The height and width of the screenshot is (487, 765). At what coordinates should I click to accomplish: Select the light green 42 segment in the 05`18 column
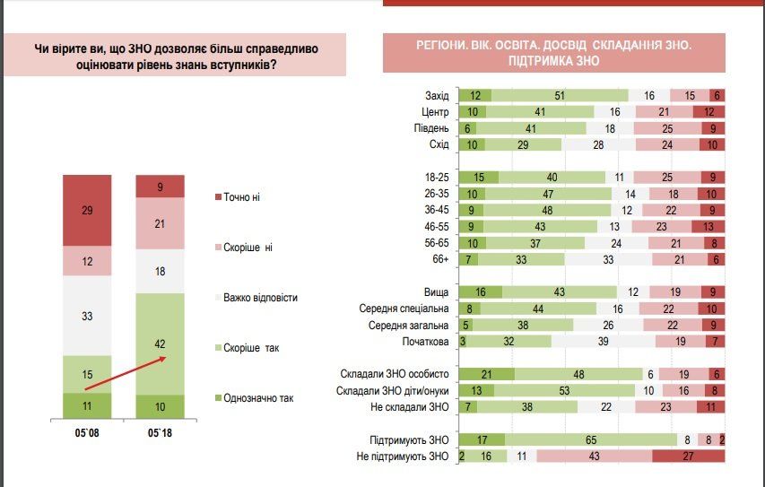[161, 344]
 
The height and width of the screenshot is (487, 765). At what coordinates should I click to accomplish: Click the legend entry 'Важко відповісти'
[261, 297]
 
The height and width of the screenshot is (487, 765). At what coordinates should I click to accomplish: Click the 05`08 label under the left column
[87, 435]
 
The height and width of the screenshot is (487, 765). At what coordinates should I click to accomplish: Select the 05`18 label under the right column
[161, 435]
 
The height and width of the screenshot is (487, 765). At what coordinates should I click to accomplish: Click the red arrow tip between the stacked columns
[165, 358]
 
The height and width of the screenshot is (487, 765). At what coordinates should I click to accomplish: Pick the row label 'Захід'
[437, 96]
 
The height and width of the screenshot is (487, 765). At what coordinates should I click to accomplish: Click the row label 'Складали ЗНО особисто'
[395, 374]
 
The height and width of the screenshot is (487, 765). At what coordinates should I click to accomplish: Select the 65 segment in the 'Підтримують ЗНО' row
[590, 439]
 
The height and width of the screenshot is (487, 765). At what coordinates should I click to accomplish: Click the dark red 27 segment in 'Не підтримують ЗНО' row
[688, 456]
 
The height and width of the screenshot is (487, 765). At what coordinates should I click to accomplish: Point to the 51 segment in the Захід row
[559, 96]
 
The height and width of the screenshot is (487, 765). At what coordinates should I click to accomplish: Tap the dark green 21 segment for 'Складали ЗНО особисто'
[486, 374]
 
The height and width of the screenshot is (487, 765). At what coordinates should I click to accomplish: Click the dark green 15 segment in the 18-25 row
[478, 178]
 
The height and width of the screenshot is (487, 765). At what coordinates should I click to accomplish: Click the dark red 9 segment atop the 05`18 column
[161, 186]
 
